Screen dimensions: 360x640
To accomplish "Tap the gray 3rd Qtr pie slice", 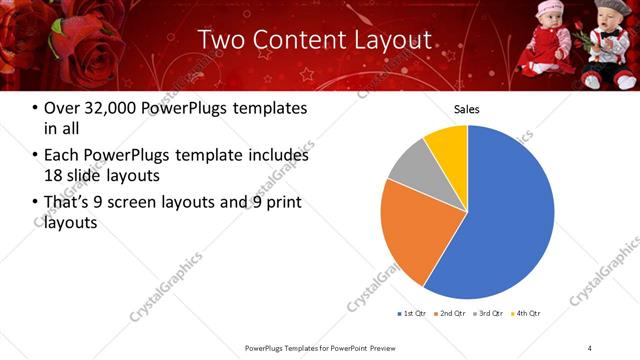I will pyautogui.click(x=408, y=168).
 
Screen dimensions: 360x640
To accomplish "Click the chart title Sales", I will pyautogui.click(x=467, y=108).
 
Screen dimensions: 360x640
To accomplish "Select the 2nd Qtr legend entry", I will pyautogui.click(x=452, y=314).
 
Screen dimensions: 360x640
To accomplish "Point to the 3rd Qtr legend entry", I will pyautogui.click(x=490, y=314).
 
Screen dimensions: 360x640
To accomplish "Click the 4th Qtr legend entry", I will pyautogui.click(x=528, y=314).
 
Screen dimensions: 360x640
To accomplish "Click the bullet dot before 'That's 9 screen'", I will pyautogui.click(x=36, y=203).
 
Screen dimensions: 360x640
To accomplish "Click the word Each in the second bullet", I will pyautogui.click(x=63, y=155).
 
